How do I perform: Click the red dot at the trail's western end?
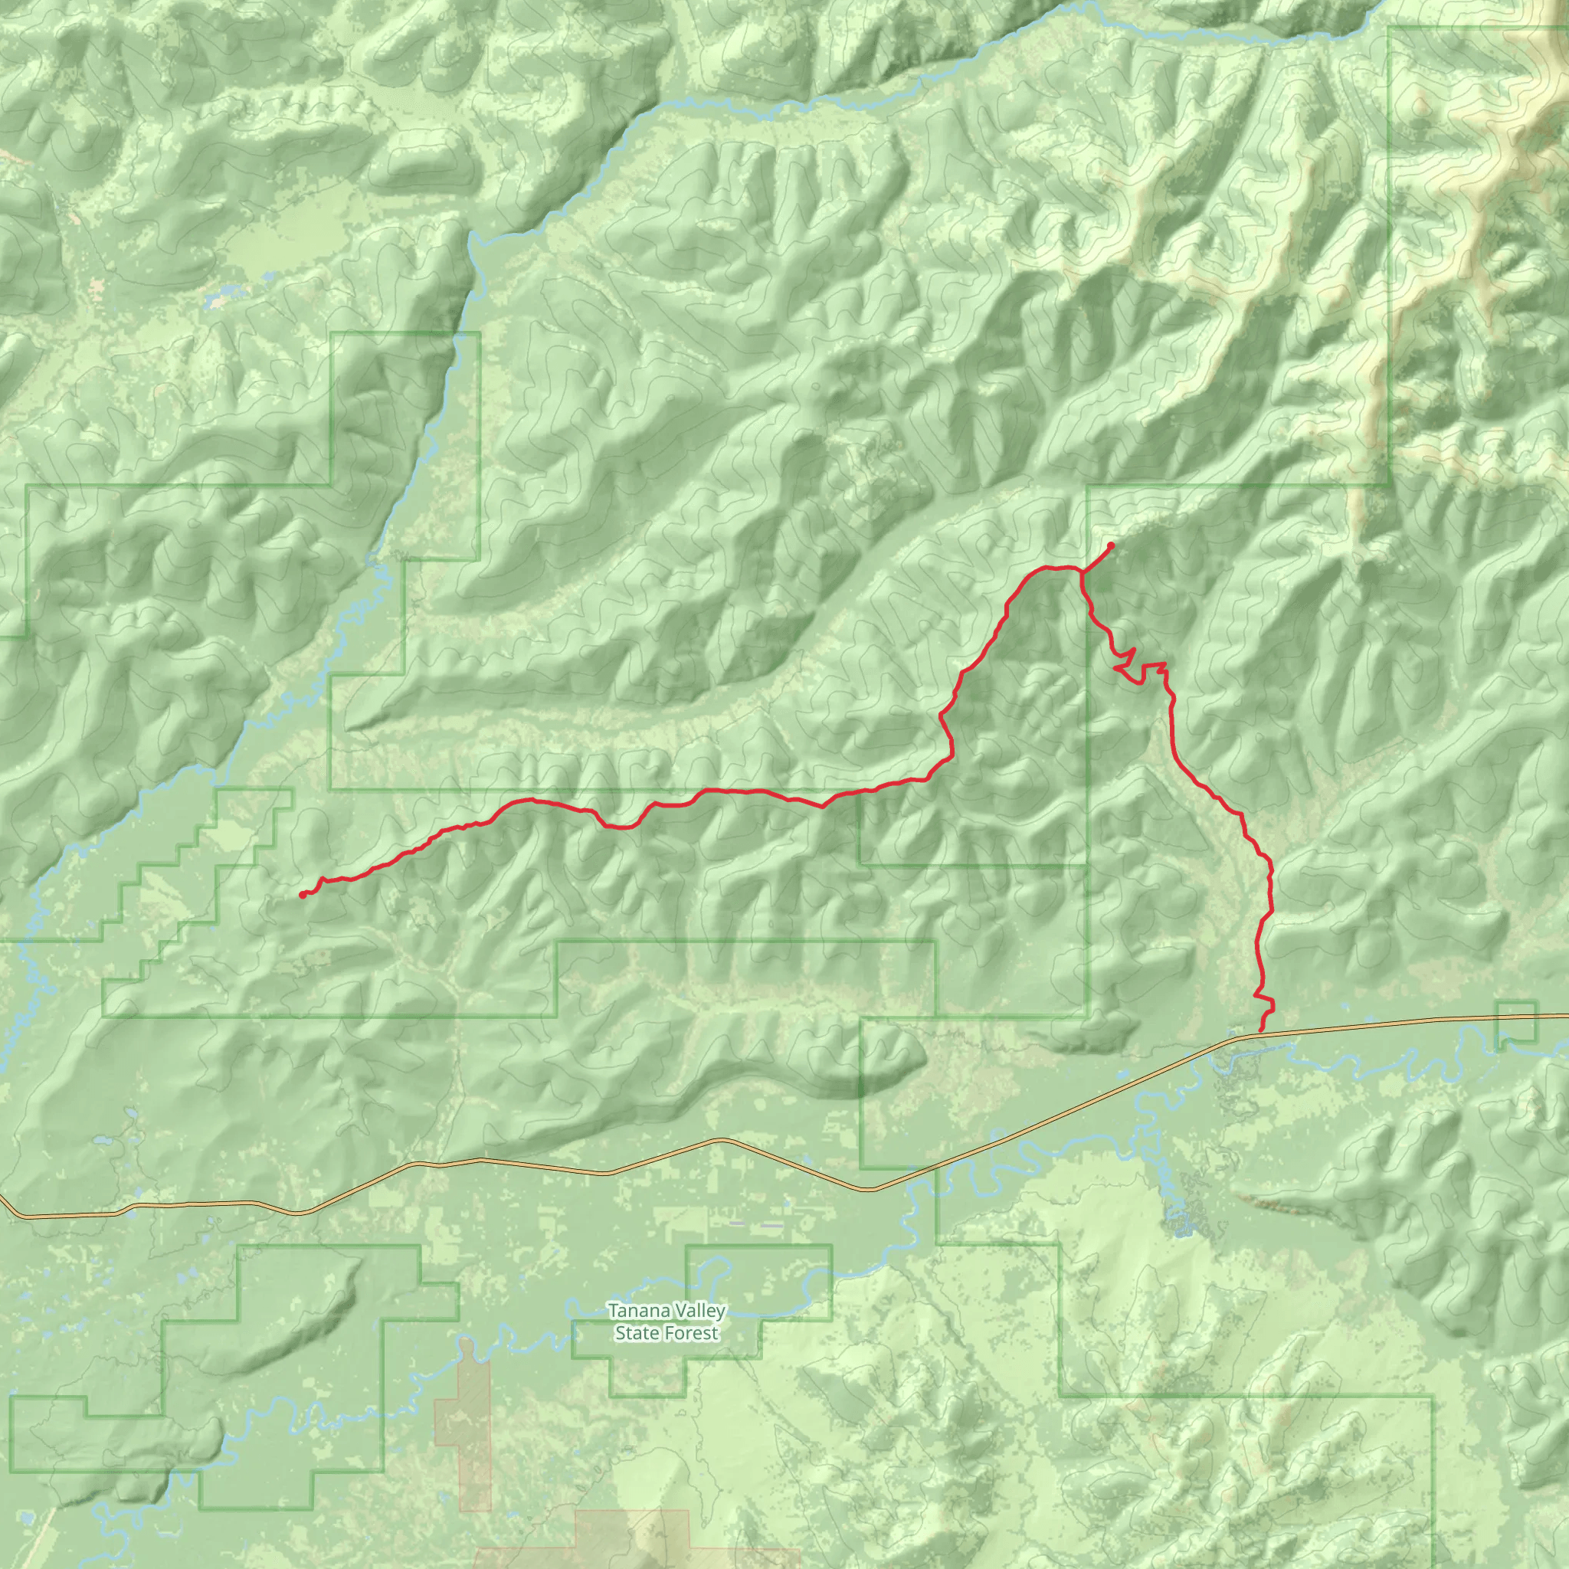(302, 895)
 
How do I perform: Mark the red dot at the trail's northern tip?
(1110, 545)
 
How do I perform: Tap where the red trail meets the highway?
(1260, 1030)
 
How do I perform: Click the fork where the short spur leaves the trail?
(1082, 572)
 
